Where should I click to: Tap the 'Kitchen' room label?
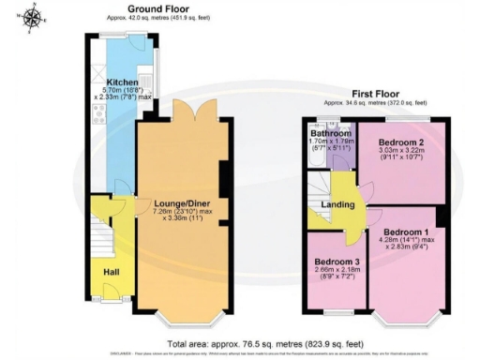[x=123, y=82]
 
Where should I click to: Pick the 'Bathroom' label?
[x=330, y=134]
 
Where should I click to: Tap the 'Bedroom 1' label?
[x=412, y=232]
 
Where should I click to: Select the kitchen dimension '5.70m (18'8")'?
[x=122, y=92]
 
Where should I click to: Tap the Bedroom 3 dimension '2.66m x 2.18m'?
[x=336, y=270]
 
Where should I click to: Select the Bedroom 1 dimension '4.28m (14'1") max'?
[x=412, y=242]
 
